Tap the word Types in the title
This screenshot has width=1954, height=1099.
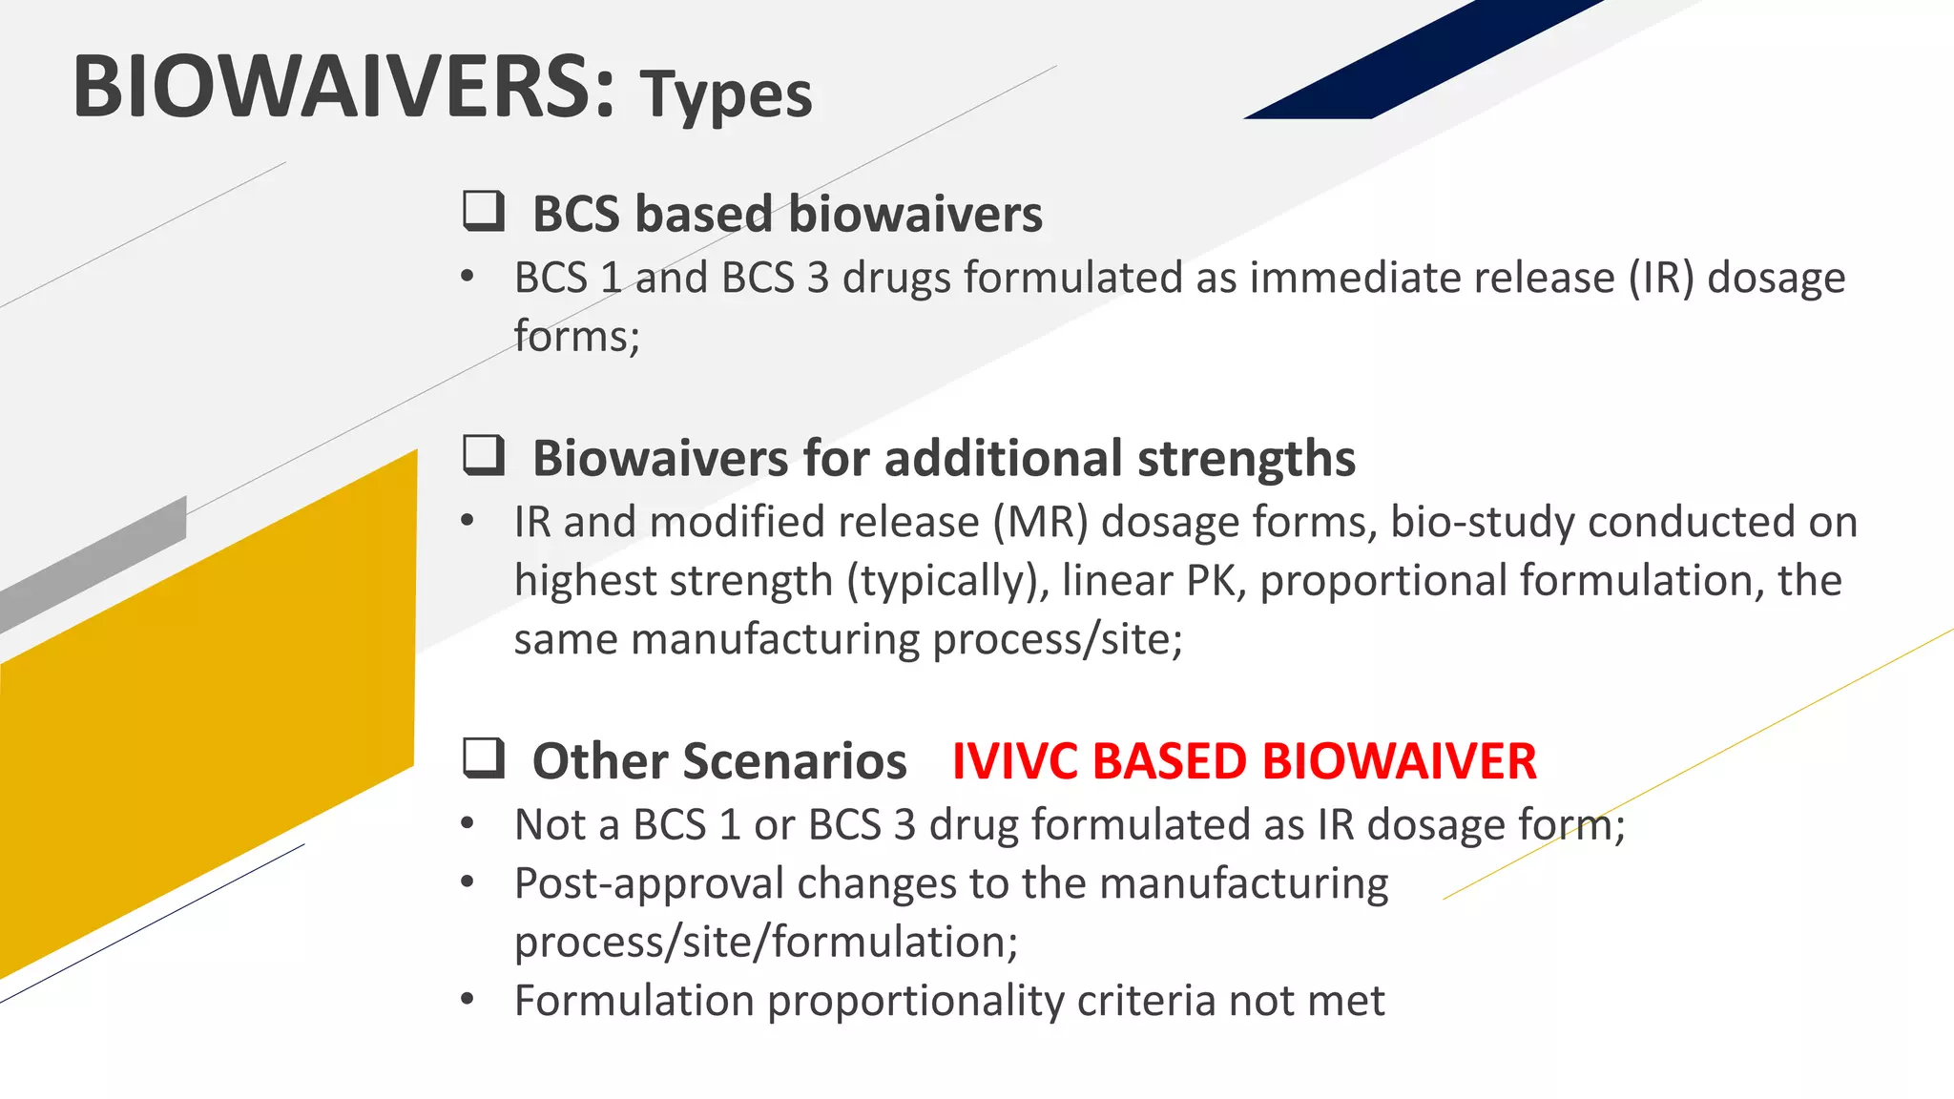coord(726,95)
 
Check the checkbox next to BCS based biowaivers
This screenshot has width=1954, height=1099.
coord(484,211)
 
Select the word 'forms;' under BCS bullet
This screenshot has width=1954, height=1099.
coord(576,337)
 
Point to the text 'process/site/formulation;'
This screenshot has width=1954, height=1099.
coord(766,943)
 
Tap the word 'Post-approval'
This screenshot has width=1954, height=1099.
coord(648,883)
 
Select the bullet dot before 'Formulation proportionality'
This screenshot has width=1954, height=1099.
coord(467,1000)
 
